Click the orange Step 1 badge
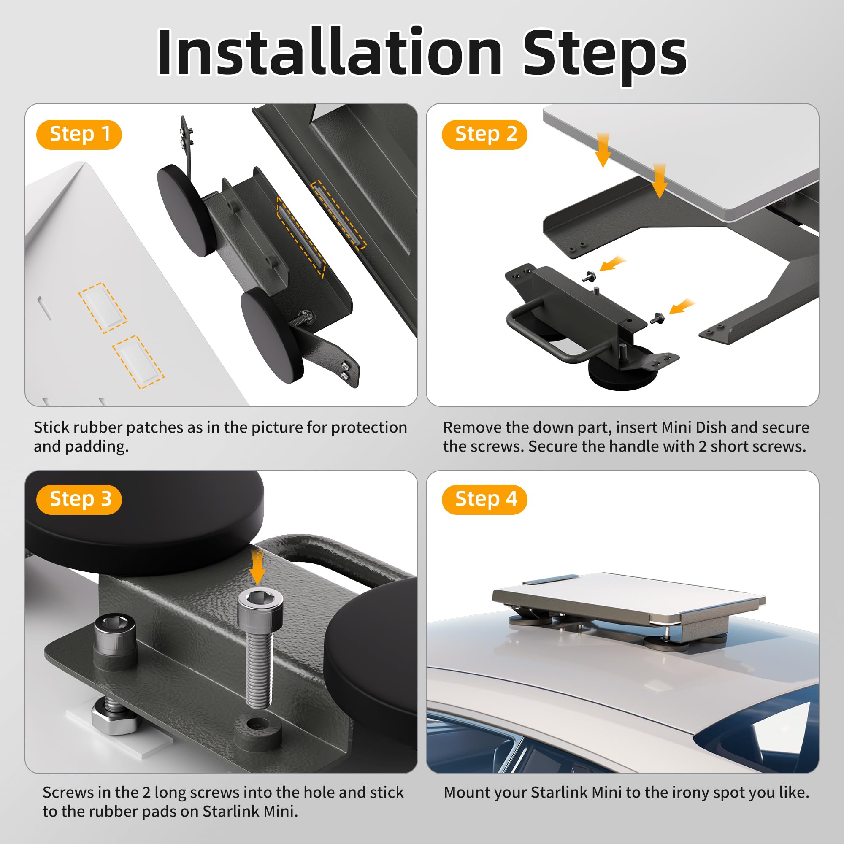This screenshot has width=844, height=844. (79, 134)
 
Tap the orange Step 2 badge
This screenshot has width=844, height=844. (484, 134)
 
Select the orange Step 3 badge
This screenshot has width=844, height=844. (79, 499)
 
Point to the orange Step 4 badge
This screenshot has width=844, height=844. (484, 499)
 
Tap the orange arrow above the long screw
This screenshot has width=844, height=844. (258, 566)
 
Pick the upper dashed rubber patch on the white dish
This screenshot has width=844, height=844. (103, 308)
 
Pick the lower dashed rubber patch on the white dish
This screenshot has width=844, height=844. (138, 362)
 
